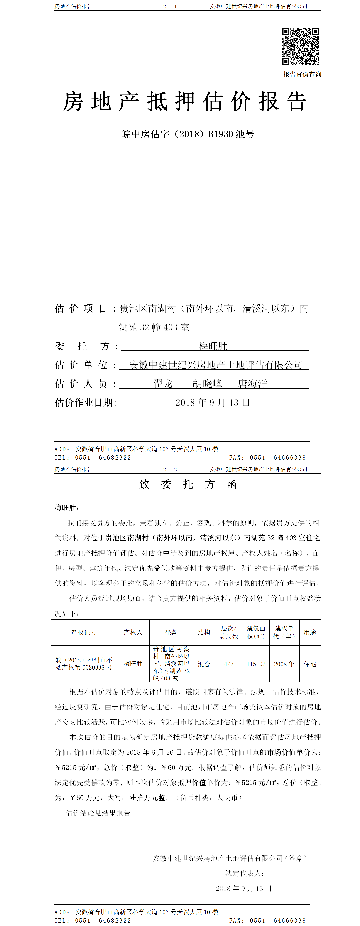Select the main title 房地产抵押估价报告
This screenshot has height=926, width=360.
click(185, 102)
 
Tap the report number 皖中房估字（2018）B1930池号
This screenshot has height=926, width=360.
click(188, 134)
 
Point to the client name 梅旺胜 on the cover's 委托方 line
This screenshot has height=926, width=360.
click(213, 346)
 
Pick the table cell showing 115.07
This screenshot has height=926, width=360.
click(256, 664)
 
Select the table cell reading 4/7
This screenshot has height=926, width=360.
click(229, 664)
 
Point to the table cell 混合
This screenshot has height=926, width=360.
click(204, 664)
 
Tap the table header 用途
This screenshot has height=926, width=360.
click(310, 632)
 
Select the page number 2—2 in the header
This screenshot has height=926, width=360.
click(170, 469)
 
